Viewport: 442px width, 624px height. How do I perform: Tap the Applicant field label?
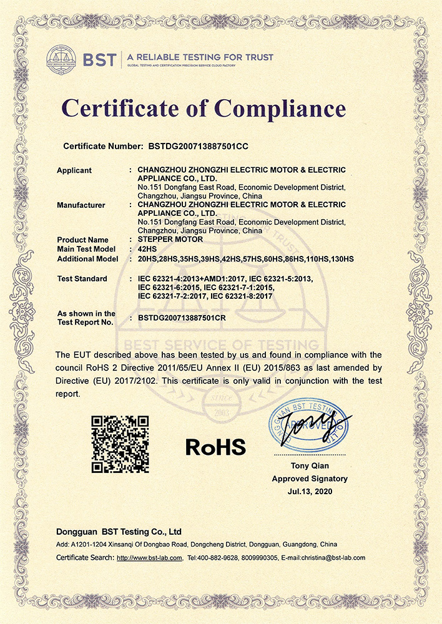click(x=74, y=170)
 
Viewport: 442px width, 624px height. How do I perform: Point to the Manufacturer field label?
click(x=81, y=205)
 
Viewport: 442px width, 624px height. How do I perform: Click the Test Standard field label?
click(x=82, y=278)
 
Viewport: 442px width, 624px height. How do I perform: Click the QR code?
click(x=120, y=444)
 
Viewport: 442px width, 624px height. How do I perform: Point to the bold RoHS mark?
click(x=215, y=446)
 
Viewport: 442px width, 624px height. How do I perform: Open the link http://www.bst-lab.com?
click(x=150, y=557)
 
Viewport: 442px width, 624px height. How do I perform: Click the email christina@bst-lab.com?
click(x=333, y=557)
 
